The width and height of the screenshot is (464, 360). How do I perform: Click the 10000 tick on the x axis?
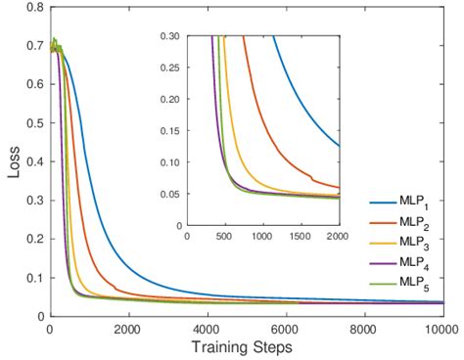(439, 330)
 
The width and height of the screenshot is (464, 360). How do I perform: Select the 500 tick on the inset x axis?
(224, 237)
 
